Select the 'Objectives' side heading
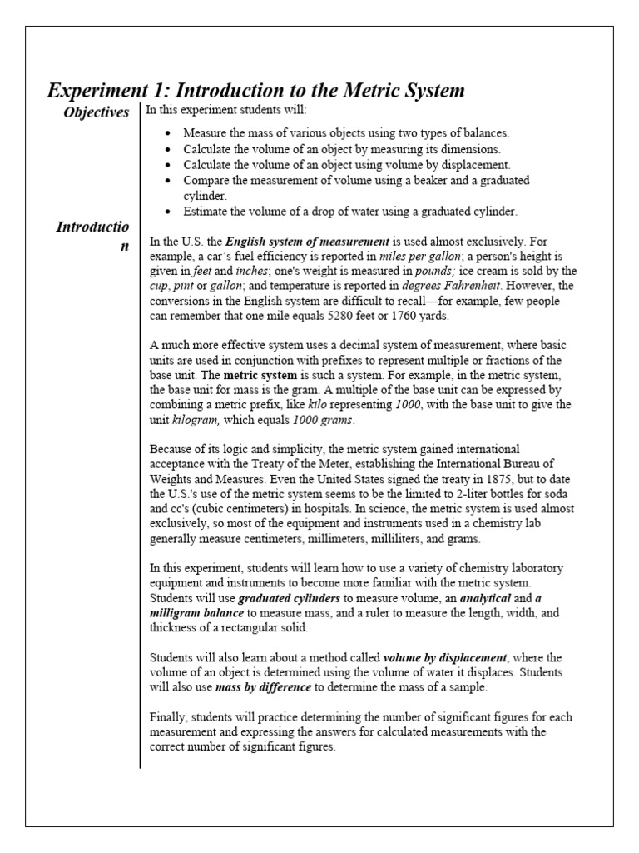click(x=97, y=112)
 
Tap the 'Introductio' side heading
click(x=92, y=227)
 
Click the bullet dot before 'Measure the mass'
click(x=169, y=133)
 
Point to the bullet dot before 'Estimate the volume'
click(x=169, y=212)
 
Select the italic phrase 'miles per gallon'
click(x=419, y=257)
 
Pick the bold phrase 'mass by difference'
click(x=264, y=687)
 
